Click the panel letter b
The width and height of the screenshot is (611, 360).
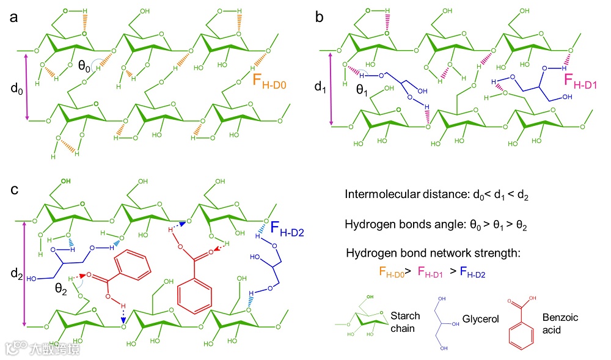(319, 17)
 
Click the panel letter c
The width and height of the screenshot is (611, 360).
(13, 190)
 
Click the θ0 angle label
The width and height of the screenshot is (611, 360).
(86, 68)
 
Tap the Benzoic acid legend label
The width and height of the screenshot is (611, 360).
(560, 323)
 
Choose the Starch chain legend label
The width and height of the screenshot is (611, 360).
(405, 322)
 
